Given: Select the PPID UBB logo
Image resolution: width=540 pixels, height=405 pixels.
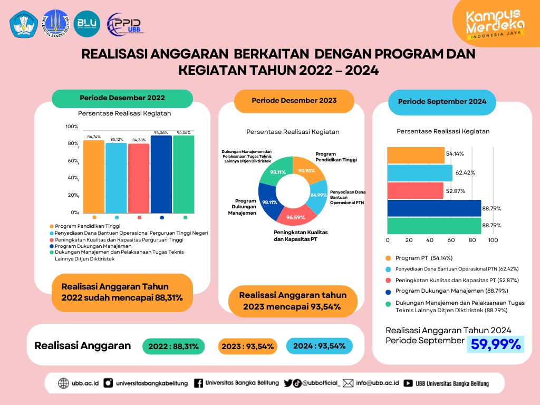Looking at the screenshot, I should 124,23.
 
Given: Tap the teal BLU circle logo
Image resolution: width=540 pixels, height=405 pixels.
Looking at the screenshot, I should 88,23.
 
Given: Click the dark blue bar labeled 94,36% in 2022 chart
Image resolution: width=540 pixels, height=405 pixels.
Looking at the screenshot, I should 161,174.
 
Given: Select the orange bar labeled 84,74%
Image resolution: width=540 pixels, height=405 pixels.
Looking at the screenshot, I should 94,177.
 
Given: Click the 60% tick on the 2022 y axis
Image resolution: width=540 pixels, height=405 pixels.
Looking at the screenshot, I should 72,161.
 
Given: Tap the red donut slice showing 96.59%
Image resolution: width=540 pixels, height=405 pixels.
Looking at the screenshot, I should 296,214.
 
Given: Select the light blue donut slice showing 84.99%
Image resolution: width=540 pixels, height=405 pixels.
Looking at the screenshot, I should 317,194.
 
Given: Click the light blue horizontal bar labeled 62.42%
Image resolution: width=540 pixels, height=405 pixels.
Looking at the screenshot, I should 420,173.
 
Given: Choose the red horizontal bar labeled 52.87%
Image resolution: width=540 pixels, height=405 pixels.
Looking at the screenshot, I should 415,190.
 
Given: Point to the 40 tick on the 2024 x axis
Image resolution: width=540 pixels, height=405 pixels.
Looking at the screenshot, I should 430,240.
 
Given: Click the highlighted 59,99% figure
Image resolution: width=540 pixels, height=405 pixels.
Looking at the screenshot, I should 496,344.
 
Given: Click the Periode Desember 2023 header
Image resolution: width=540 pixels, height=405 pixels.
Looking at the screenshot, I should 294,100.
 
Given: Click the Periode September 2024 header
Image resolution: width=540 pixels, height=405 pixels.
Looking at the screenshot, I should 442,101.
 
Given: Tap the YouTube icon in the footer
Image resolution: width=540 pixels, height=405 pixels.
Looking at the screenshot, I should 408,383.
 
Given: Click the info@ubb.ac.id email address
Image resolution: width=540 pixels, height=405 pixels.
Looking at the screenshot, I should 377,383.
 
